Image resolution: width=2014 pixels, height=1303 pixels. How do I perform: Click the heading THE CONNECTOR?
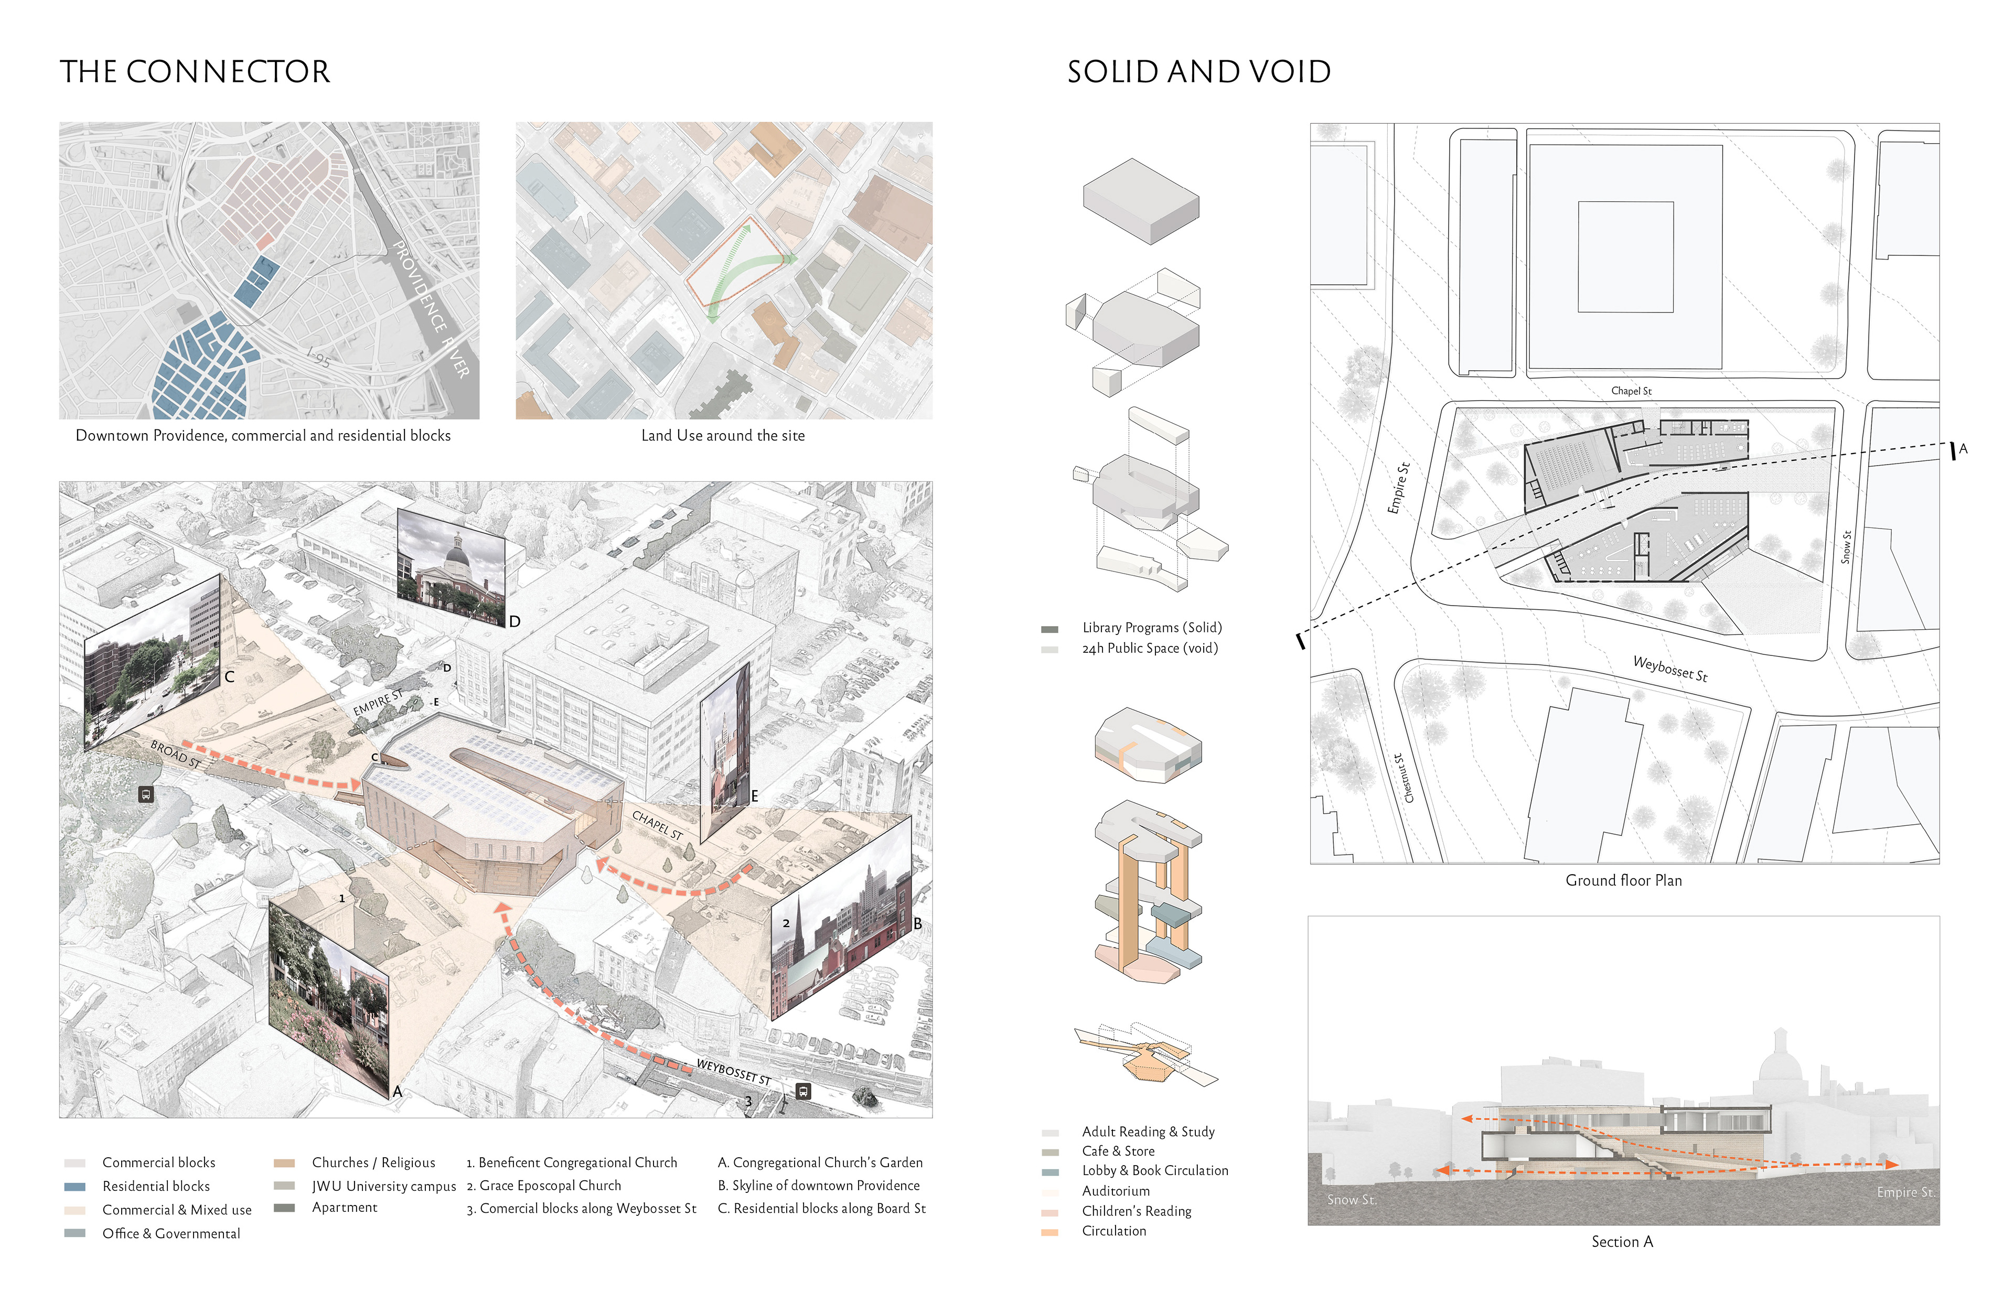click(195, 72)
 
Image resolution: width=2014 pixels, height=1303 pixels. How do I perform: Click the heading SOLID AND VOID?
click(1198, 72)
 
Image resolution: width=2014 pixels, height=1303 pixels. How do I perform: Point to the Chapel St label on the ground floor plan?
click(1631, 391)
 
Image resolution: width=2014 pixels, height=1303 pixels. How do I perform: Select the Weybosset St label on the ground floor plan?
click(1669, 669)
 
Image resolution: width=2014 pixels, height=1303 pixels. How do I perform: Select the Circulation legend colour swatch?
click(1049, 1232)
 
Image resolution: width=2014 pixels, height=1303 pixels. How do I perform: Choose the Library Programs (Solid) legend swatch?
click(1049, 629)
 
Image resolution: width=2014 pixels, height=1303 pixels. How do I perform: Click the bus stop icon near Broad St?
click(146, 794)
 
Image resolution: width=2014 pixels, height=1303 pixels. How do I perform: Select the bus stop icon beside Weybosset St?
click(803, 1092)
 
